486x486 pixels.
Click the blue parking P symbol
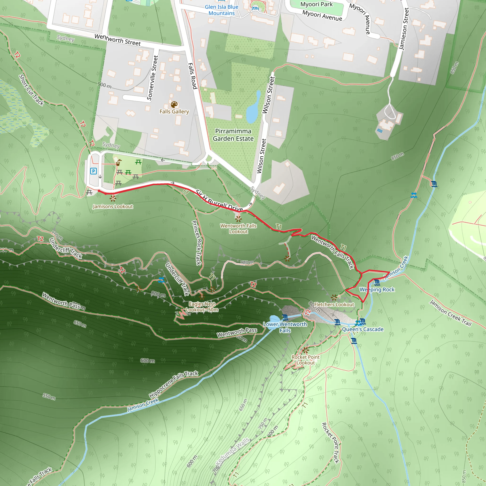[93, 171]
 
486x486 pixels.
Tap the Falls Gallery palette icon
[174, 104]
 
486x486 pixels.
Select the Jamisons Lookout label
[113, 206]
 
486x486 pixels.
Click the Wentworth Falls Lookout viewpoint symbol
[238, 219]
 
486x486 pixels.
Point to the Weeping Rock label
[377, 290]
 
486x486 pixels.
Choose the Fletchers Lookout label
[334, 305]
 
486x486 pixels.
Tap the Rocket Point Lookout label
[305, 360]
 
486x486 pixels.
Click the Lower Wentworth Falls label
[285, 327]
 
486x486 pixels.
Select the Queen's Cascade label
[363, 329]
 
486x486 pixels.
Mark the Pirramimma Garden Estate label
[233, 135]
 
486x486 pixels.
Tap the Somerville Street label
[152, 78]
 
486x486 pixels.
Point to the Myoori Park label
[317, 4]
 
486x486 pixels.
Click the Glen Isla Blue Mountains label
[221, 10]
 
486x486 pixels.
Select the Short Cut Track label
[32, 90]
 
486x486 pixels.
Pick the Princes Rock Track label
[198, 243]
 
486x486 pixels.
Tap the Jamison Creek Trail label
[450, 313]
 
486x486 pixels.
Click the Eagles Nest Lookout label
[202, 307]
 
